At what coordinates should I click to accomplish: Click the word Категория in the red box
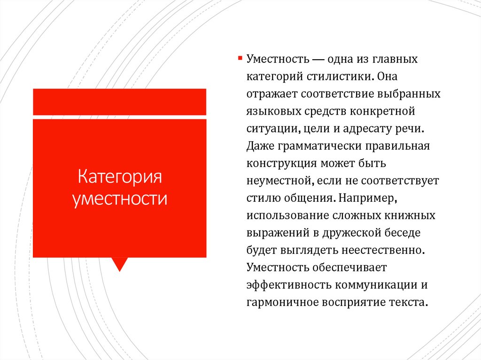tap(119, 178)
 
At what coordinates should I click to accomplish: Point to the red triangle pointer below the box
tap(120, 264)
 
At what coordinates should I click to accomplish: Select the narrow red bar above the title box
tap(119, 101)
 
